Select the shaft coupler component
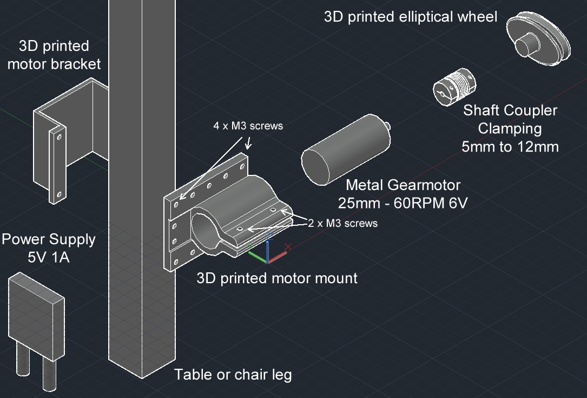[452, 89]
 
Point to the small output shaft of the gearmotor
[387, 126]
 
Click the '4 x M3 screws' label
[248, 126]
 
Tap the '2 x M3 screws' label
[342, 223]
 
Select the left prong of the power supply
[22, 357]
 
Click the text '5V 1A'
[49, 258]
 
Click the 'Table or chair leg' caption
[233, 374]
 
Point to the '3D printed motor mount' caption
[277, 278]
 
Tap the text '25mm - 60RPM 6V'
[403, 204]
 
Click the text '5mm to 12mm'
[510, 146]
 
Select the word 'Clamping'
[510, 129]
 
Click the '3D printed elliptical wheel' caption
[410, 17]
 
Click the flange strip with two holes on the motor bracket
[57, 165]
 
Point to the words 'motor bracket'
[54, 64]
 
